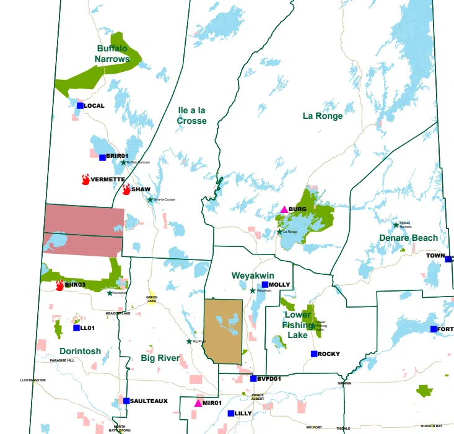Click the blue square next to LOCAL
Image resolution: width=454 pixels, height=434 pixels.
[80, 105]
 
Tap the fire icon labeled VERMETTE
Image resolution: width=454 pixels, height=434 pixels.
[85, 180]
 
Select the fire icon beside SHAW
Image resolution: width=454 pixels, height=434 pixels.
[126, 189]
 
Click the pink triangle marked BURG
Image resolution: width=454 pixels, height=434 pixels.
[284, 209]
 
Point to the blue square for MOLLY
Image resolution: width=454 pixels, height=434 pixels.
[264, 285]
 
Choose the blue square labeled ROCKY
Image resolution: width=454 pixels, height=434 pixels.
[314, 354]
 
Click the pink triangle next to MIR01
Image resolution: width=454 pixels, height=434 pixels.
[198, 403]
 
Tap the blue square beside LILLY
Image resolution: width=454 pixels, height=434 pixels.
[230, 413]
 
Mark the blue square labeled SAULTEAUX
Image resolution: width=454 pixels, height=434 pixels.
[126, 401]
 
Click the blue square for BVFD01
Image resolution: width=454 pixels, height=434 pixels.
[253, 378]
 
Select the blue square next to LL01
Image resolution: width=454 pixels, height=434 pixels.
[76, 328]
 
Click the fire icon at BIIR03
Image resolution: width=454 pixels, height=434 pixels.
[60, 285]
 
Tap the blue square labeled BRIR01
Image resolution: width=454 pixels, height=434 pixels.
[102, 157]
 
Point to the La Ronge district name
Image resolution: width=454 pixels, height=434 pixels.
[322, 116]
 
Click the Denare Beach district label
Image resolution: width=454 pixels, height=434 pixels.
[409, 238]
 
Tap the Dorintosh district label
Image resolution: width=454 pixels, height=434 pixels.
[80, 351]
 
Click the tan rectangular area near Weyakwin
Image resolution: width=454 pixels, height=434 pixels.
[223, 331]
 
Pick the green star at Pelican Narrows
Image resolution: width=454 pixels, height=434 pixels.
[396, 225]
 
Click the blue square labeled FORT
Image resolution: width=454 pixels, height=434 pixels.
[434, 329]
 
